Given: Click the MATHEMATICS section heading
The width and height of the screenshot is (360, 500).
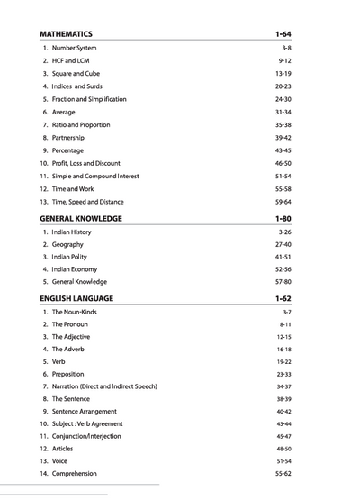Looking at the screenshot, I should (x=66, y=34).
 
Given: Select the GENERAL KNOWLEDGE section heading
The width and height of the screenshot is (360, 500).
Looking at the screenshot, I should (x=80, y=218).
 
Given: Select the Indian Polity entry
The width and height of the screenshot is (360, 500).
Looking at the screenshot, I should (x=69, y=257).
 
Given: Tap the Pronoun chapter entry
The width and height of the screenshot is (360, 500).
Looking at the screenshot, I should (x=70, y=323).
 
